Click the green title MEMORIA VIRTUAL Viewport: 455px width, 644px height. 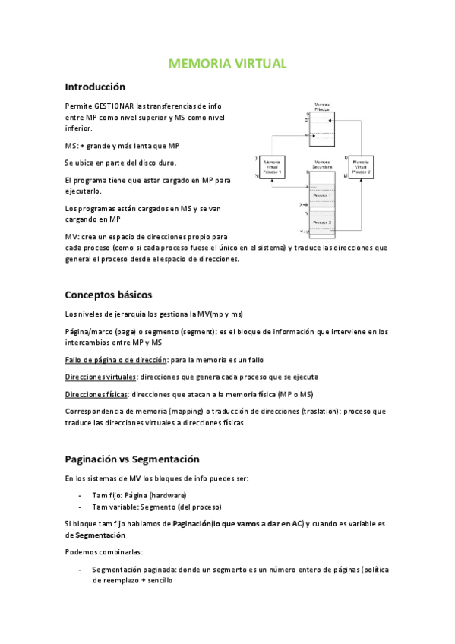pos(227,64)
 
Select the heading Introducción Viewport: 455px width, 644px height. pos(95,87)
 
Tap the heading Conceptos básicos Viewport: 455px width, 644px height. pos(109,295)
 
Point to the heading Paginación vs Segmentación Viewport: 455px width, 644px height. pos(132,459)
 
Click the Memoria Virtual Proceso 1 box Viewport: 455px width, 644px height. pos(272,167)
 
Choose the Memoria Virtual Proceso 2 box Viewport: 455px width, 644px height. pos(360,167)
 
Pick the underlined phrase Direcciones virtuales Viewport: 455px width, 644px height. pos(101,377)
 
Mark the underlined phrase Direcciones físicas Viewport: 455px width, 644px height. pos(96,394)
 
